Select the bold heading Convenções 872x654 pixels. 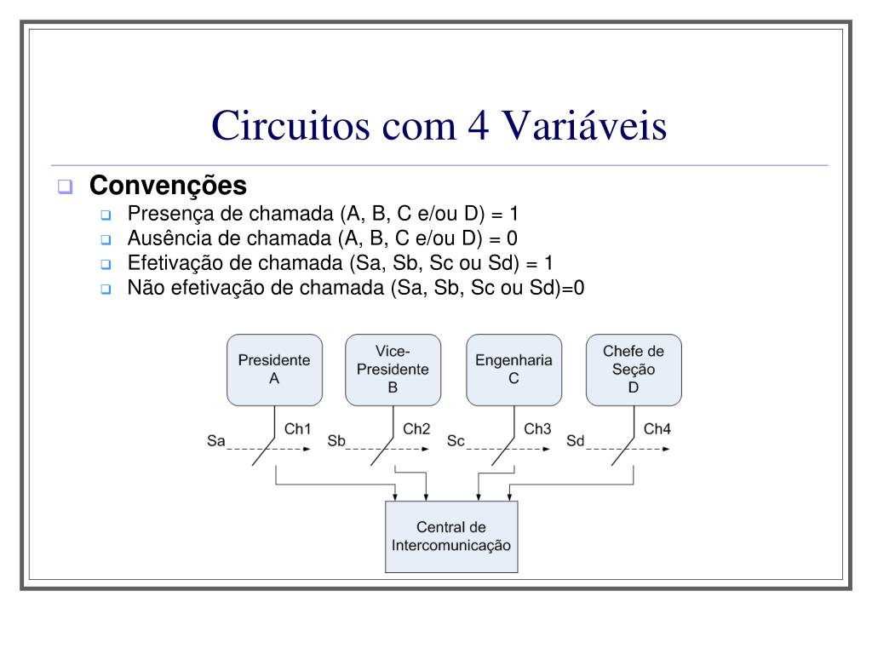pos(168,185)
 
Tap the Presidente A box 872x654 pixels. pos(274,369)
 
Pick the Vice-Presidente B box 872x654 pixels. pos(393,369)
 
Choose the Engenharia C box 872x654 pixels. pos(513,369)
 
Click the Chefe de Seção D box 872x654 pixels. pos(634,369)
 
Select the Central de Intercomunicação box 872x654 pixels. pos(451,536)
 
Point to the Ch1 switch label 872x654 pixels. pos(298,429)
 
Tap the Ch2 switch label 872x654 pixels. pos(417,429)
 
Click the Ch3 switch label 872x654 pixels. pos(537,429)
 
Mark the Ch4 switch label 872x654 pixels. pos(657,429)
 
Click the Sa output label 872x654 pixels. pos(216,441)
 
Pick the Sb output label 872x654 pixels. pos(336,441)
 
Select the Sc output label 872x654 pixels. pos(456,441)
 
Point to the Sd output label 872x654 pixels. pos(576,441)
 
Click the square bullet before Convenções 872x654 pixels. pos(64,186)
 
